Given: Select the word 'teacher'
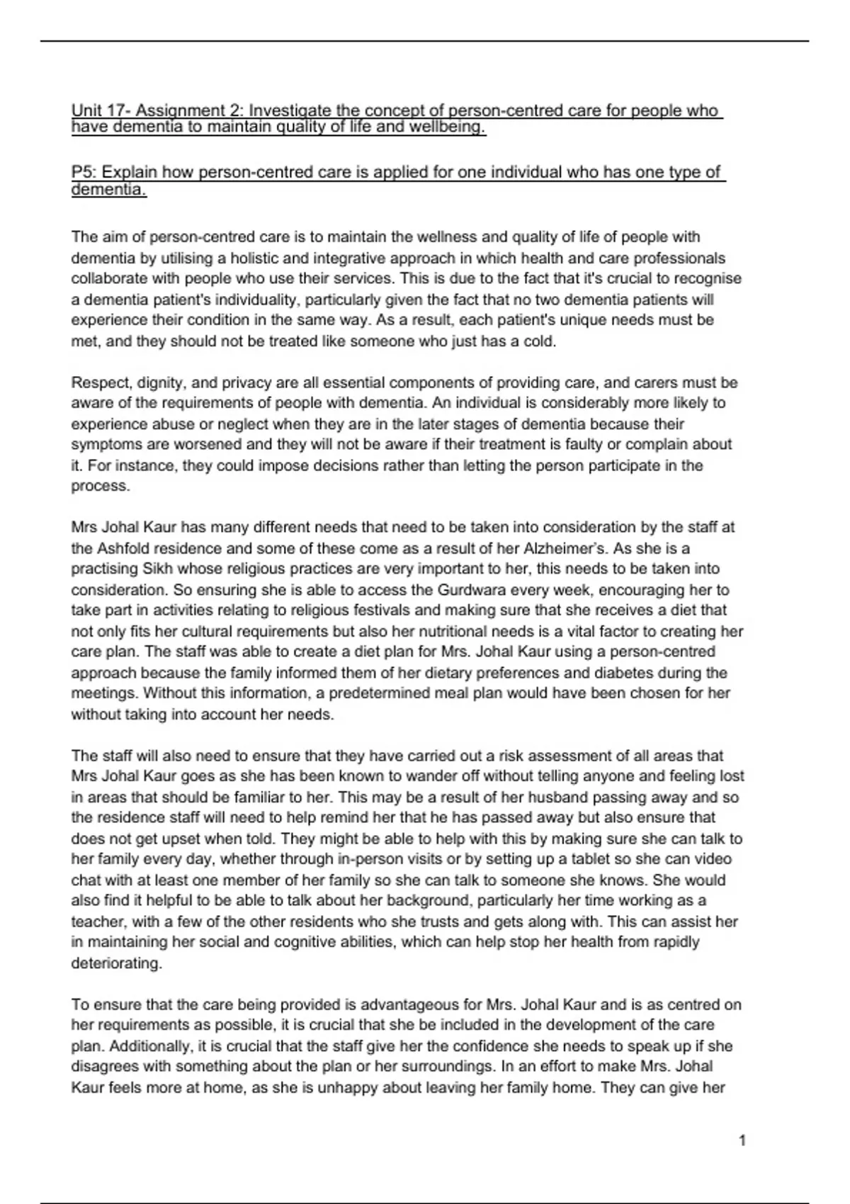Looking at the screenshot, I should click(x=95, y=922).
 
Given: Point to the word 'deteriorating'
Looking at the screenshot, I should click(x=116, y=963).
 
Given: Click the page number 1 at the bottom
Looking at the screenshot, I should click(x=742, y=1141).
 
